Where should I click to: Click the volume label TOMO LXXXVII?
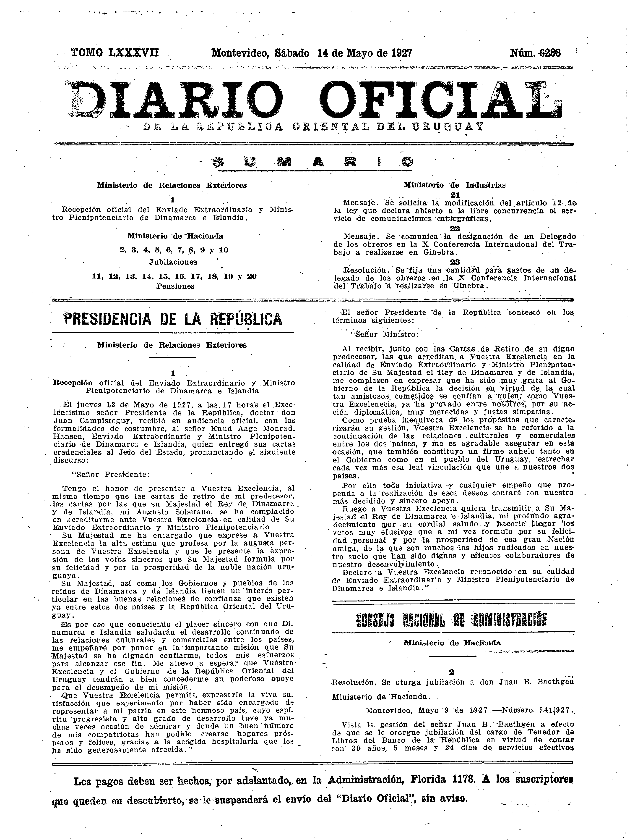115,52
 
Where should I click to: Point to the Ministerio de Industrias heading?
454,185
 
